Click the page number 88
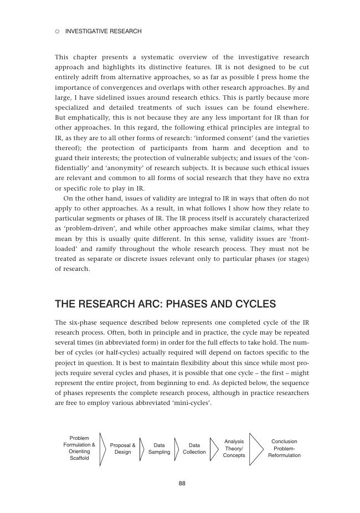pos(182,484)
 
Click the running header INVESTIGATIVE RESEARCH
pos(103,32)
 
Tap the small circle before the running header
pos(57,32)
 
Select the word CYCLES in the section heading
pos(253,304)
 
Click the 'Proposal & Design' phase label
pos(122,449)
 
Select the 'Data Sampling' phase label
pos(159,449)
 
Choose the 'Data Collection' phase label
pos(194,449)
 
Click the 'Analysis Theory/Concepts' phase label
pos(234,449)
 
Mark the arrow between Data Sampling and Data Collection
pos(177,449)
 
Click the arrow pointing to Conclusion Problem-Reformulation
pos(256,449)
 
